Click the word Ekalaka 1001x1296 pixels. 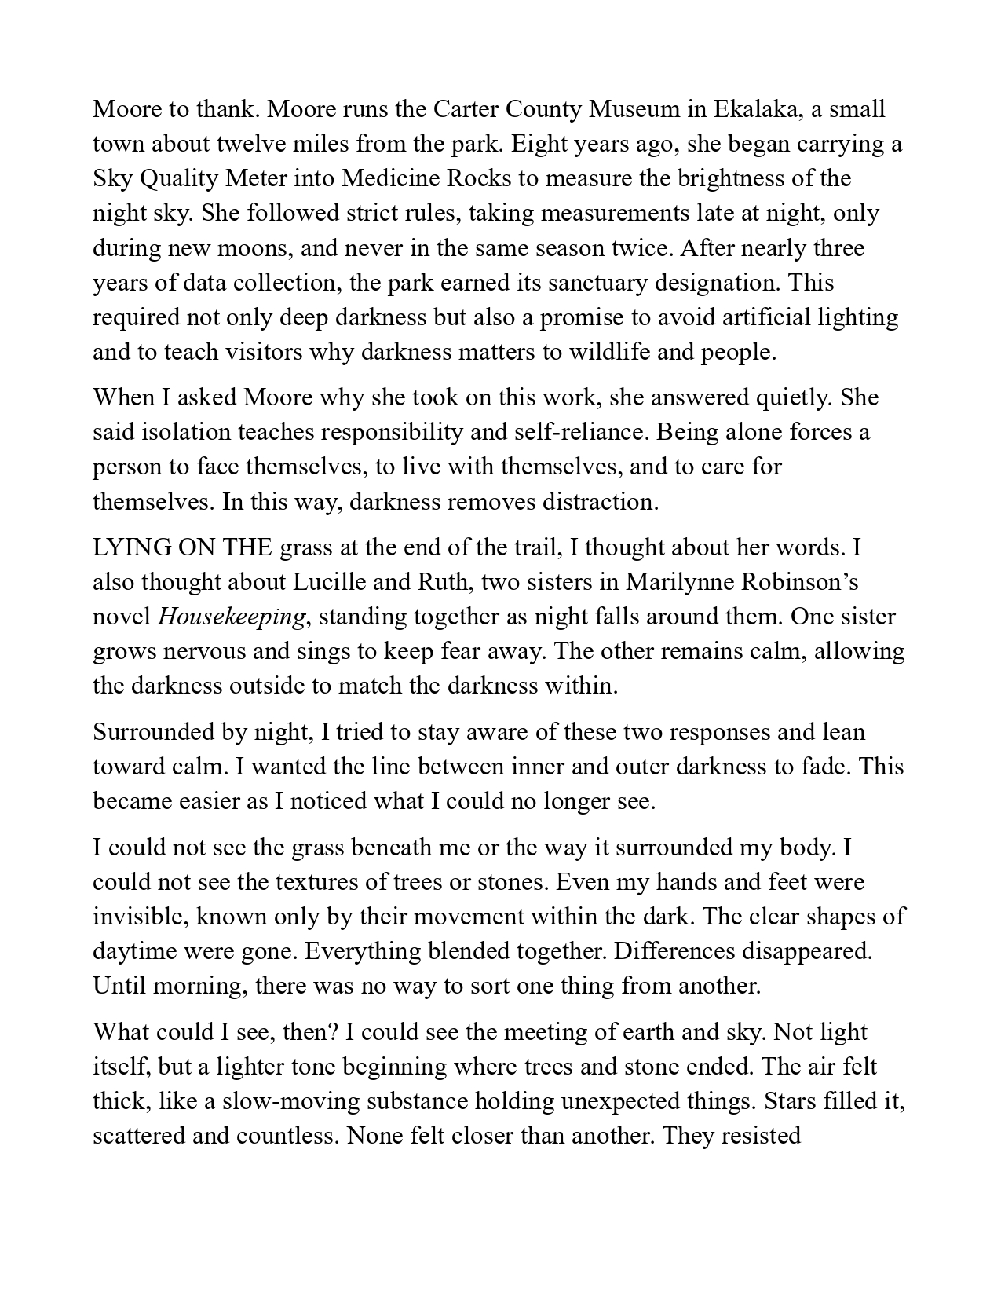(757, 109)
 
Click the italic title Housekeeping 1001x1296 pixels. (231, 617)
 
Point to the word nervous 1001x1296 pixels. (203, 651)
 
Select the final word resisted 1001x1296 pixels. (755, 1136)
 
